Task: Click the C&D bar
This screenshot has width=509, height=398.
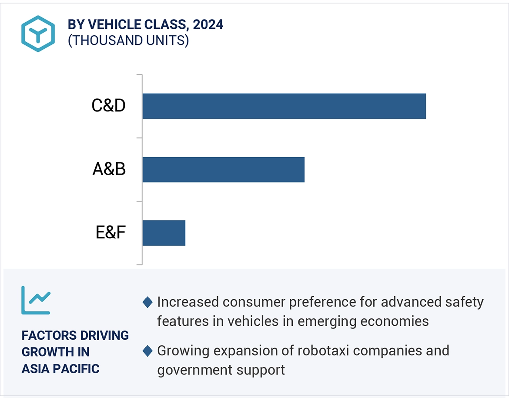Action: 284,106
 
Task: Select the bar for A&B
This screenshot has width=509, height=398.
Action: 223,169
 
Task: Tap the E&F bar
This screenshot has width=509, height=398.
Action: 164,233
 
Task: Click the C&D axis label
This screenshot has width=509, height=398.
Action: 108,106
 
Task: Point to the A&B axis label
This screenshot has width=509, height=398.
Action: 109,169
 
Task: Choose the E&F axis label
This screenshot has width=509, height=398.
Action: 111,233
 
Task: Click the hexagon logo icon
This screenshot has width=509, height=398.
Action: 38,34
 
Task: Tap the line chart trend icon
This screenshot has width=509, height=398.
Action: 36,300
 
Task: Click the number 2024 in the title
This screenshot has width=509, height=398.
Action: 208,25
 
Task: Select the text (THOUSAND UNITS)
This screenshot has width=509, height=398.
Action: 128,40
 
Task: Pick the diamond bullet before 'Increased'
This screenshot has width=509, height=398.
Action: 147,302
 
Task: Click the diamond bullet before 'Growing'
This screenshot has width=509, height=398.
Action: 147,351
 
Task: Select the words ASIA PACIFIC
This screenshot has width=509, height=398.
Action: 60,368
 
